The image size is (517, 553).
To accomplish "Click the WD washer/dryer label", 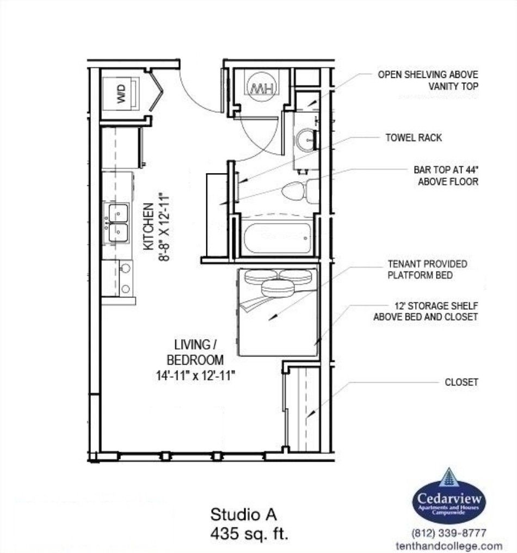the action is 121,94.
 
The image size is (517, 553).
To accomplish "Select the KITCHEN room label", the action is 149,226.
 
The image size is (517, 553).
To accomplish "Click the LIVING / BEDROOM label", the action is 195,352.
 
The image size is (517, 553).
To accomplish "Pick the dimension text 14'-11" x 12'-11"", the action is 196,375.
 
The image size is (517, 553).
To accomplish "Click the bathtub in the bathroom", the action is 277,238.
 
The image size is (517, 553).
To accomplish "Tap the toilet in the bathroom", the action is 300,192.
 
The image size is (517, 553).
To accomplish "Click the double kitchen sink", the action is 118,223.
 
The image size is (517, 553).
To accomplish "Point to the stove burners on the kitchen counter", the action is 125,279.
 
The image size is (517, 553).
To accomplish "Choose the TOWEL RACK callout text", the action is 413,138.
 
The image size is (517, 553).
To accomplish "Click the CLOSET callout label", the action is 461,382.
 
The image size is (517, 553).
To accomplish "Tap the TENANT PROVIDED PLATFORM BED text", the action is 427,269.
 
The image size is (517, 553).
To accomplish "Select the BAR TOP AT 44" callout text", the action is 446,176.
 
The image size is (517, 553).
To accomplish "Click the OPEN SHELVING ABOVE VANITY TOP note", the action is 428,80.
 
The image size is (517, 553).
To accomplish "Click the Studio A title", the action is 244,514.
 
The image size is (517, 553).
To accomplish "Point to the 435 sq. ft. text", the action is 249,533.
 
